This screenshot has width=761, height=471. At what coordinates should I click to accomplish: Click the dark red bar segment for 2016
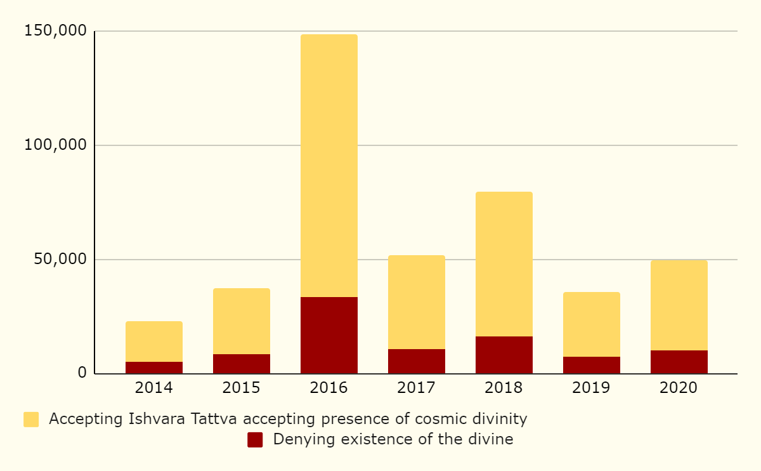(x=328, y=335)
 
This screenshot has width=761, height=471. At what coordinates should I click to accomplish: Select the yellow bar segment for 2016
(x=328, y=166)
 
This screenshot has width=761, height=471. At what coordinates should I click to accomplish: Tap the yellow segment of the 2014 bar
(x=153, y=342)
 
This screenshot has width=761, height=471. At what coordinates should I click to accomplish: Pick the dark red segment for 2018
(x=504, y=355)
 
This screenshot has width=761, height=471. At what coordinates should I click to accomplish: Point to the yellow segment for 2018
(x=504, y=264)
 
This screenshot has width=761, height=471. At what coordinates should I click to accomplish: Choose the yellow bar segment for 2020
(x=679, y=305)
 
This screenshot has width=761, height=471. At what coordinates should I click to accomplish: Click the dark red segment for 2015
(x=241, y=364)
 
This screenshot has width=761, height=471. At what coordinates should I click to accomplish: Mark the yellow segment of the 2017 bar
(x=416, y=302)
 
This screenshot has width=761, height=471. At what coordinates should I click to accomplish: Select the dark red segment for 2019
(x=591, y=365)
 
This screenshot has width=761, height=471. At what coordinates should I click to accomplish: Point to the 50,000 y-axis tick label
(x=60, y=259)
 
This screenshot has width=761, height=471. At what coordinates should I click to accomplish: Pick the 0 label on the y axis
(x=82, y=373)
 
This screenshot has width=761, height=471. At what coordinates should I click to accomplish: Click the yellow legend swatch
(x=31, y=420)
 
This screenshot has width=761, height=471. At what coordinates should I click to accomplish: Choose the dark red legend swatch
(x=255, y=440)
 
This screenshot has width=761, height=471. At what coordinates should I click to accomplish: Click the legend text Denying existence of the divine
(x=393, y=439)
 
